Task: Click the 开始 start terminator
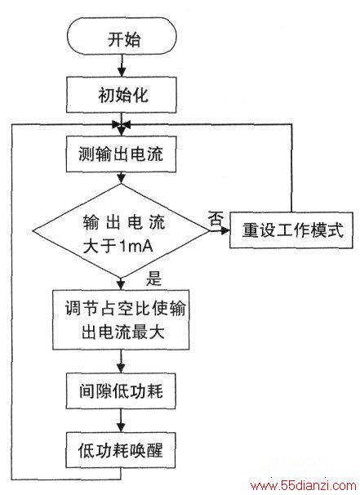click(x=122, y=36)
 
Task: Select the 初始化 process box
click(x=121, y=95)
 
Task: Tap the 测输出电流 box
click(x=121, y=154)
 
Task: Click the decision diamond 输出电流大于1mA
click(x=121, y=231)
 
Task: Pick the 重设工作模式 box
click(x=291, y=230)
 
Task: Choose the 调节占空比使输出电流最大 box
click(x=121, y=319)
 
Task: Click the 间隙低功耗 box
click(x=121, y=390)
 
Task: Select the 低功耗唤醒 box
click(x=120, y=450)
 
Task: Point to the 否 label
click(x=216, y=218)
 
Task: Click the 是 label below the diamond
click(x=153, y=279)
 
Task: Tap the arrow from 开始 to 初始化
click(x=122, y=65)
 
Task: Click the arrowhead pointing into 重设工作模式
click(x=225, y=231)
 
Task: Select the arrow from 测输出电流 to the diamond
click(x=121, y=178)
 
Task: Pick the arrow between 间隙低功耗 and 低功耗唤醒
click(x=121, y=421)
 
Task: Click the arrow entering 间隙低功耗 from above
click(x=121, y=362)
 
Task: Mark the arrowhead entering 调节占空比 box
click(x=121, y=285)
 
